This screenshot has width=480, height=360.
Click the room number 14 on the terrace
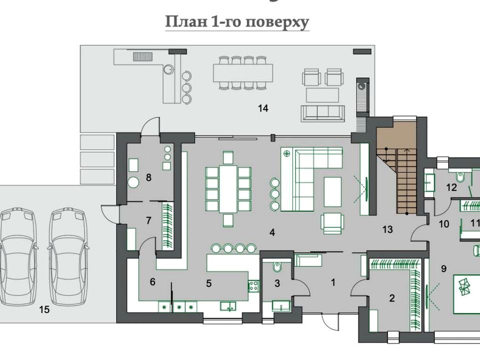click(x=263, y=108)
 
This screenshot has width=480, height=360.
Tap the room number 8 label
click(x=149, y=177)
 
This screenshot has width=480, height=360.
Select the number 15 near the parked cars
click(x=44, y=309)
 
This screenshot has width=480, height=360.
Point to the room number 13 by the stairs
click(x=387, y=229)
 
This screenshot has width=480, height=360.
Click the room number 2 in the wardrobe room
click(x=392, y=298)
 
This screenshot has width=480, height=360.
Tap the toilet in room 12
click(x=460, y=177)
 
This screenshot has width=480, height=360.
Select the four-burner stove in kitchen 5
click(x=253, y=286)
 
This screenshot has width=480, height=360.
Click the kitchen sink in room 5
click(x=228, y=306)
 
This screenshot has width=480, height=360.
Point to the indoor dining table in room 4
click(x=228, y=189)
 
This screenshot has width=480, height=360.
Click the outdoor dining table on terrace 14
click(x=243, y=73)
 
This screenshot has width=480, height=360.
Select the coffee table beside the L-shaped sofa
click(x=332, y=192)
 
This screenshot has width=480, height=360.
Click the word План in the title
click(x=186, y=21)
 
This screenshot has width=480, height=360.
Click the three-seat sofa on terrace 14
click(x=322, y=113)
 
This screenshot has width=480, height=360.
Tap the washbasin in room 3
click(x=281, y=306)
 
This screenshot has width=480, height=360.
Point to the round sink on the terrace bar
click(x=168, y=69)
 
